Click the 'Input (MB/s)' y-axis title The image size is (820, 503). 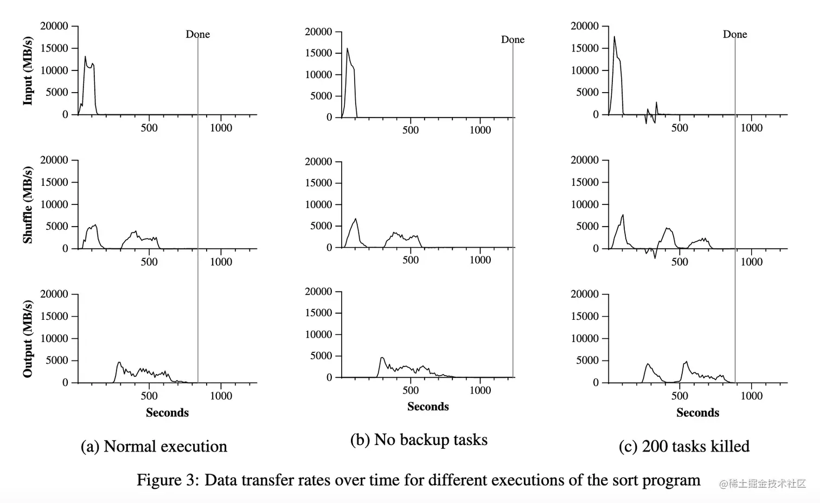point(28,70)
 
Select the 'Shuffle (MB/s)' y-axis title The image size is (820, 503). point(28,205)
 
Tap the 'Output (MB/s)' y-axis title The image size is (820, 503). point(28,339)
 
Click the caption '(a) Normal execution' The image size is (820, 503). point(154,447)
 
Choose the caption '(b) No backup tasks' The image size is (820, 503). point(419,440)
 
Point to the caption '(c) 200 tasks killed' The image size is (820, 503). point(684,447)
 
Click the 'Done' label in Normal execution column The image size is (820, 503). point(197,34)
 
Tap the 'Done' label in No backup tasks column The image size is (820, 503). point(512,40)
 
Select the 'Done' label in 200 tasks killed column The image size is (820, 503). point(735,34)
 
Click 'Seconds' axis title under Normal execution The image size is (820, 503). point(167,412)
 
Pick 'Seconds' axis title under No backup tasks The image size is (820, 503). point(428,407)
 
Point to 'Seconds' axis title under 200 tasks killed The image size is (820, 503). point(697,412)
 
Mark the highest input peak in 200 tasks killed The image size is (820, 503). point(614,37)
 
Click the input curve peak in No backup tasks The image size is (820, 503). point(347,49)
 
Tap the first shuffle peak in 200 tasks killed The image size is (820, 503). point(623,215)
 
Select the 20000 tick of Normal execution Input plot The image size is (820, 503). point(54,26)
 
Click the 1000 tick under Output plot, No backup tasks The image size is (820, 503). point(480,390)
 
